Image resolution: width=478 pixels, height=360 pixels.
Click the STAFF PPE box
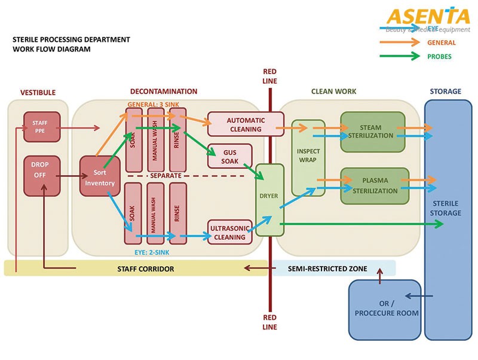(x=42, y=127)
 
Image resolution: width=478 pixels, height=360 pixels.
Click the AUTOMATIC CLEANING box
(x=245, y=124)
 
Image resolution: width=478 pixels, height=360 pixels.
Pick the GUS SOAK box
(x=229, y=155)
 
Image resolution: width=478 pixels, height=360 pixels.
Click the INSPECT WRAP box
(x=308, y=157)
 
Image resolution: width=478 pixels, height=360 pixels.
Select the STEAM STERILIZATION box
(x=373, y=132)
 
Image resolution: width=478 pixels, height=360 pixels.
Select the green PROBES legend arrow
(x=400, y=57)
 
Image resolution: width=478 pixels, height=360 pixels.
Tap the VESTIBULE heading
(x=38, y=93)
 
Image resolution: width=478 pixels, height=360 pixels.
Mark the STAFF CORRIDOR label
(x=145, y=269)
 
